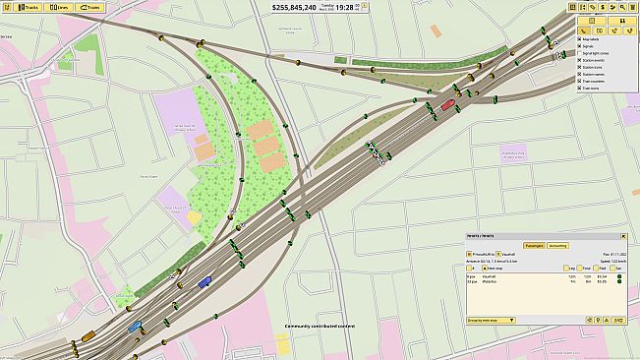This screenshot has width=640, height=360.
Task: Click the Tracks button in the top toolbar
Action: click(29, 7)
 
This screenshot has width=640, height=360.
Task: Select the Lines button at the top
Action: click(59, 7)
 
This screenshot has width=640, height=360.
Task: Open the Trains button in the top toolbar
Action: click(88, 7)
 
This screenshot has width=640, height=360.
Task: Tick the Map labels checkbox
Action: click(580, 39)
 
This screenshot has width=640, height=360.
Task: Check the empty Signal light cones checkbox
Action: click(580, 53)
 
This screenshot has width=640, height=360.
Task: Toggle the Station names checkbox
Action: click(580, 74)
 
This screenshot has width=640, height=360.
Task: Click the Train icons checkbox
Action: click(580, 88)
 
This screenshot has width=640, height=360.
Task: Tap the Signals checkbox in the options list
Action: click(580, 46)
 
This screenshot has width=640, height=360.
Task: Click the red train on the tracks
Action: click(447, 103)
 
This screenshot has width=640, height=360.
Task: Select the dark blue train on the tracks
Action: click(204, 282)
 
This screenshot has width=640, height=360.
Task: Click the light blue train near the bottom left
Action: click(135, 326)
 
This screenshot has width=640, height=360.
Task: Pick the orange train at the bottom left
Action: click(88, 336)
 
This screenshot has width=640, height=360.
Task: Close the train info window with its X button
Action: click(623, 237)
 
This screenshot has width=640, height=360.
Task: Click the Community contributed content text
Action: click(320, 326)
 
